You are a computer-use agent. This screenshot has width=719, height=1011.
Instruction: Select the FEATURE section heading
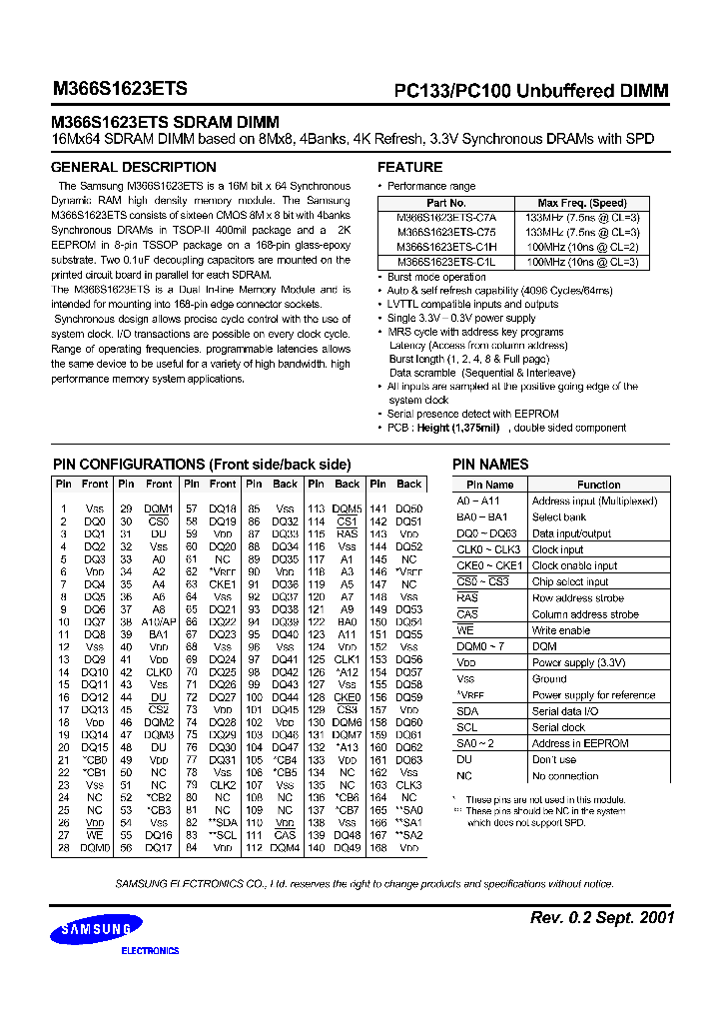[409, 167]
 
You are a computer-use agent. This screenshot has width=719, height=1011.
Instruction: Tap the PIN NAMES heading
[490, 465]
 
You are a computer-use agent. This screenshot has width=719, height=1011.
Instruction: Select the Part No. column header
[445, 203]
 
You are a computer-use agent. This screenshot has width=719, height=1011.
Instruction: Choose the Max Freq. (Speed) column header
[582, 203]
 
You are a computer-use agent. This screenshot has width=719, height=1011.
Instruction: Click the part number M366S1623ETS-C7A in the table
[445, 217]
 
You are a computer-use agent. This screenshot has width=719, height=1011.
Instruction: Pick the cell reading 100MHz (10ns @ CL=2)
[582, 246]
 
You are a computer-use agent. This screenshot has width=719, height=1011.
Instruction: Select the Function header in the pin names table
[598, 485]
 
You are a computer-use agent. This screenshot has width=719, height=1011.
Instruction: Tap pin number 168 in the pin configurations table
[377, 848]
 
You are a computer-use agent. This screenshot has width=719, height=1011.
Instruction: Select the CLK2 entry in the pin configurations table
[223, 785]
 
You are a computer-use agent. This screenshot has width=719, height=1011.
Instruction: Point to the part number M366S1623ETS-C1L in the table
[445, 261]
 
